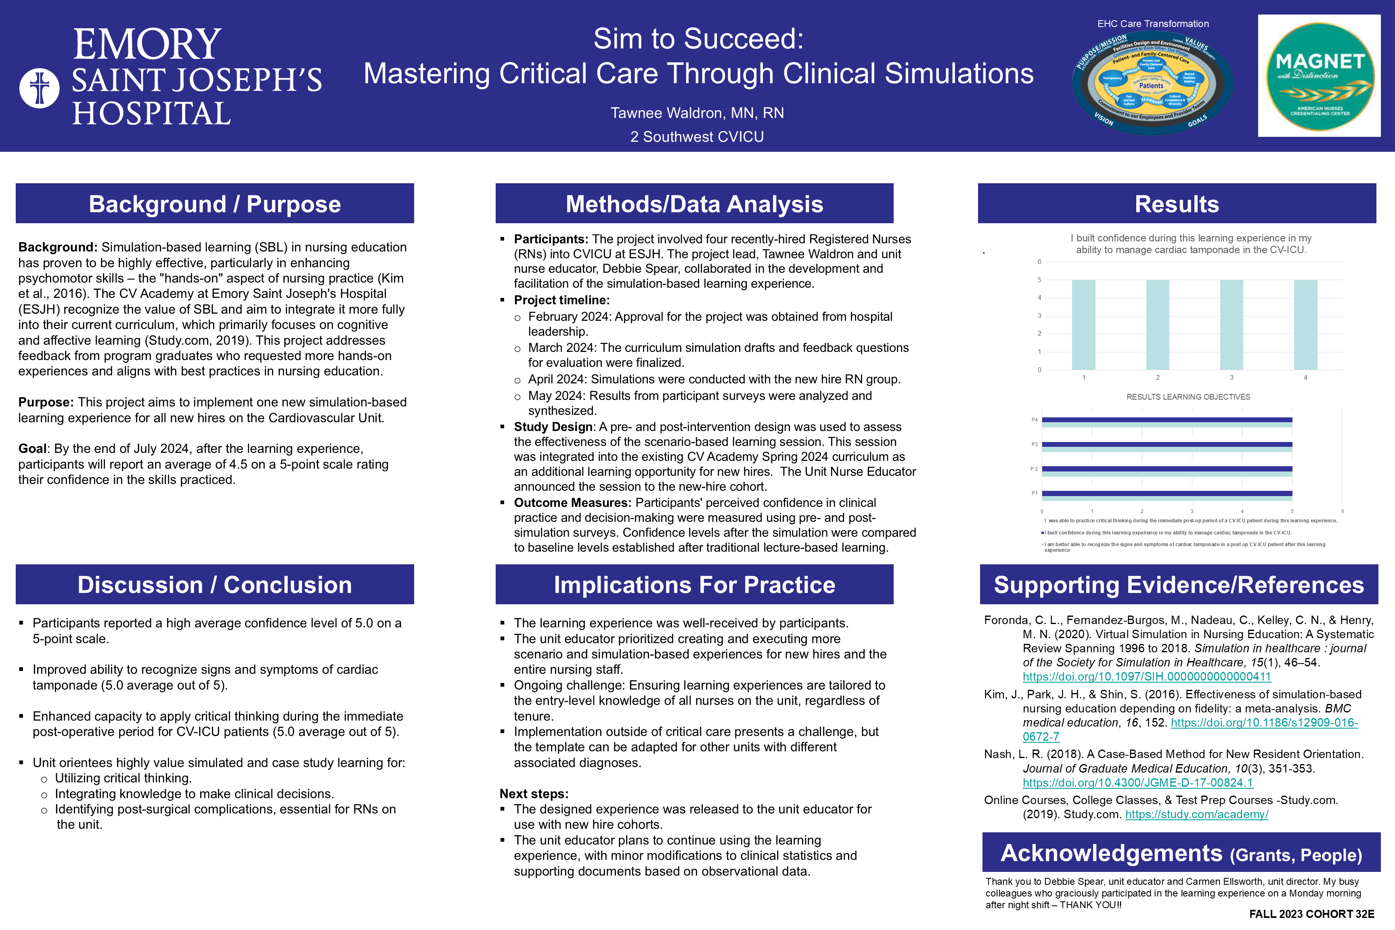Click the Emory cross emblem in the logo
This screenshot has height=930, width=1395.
[40, 88]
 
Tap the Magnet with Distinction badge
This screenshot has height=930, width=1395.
[1319, 76]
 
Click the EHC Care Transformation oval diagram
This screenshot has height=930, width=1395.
[1152, 83]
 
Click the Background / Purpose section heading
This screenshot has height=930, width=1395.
[215, 204]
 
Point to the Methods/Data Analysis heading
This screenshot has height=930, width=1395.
[694, 204]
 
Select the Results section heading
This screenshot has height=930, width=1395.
[1177, 204]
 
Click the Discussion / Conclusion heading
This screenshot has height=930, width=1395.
[215, 585]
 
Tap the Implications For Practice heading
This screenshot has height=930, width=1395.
[694, 585]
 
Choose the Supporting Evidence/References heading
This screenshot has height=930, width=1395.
[1179, 585]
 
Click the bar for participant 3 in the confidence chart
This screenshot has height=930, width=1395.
[1231, 325]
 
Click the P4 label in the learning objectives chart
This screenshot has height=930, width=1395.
[1035, 420]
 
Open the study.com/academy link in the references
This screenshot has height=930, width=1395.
[1196, 814]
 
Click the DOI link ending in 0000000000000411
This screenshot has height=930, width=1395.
[1146, 677]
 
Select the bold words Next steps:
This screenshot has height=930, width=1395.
[534, 794]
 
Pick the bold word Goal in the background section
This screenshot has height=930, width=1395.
[32, 449]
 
